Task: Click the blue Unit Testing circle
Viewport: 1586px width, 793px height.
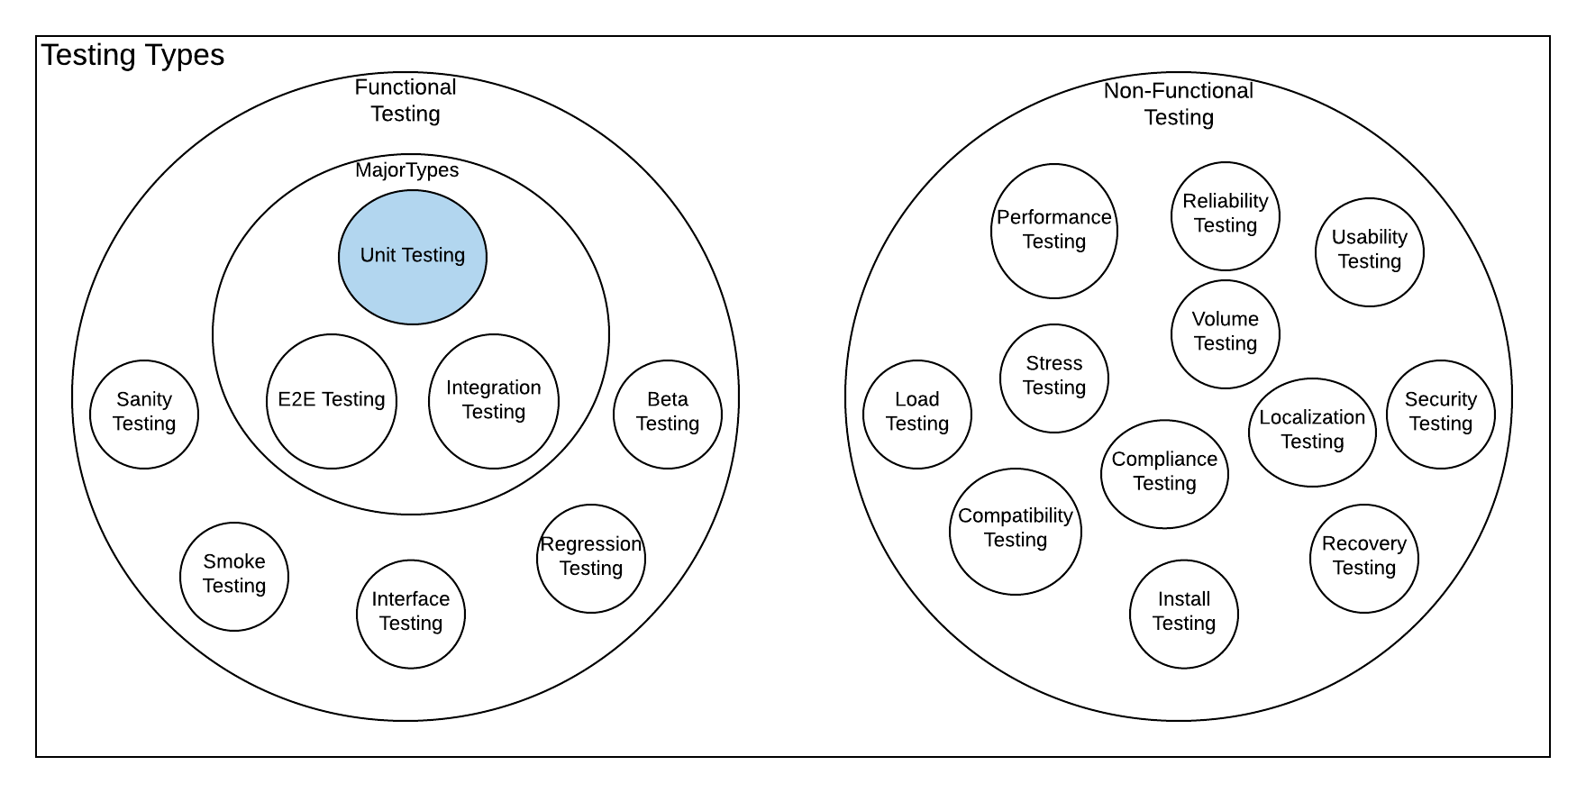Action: click(413, 257)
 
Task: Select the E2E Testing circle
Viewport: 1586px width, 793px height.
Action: click(332, 401)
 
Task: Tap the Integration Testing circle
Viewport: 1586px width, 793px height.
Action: click(494, 401)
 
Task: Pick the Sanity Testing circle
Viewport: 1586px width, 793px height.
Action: click(144, 414)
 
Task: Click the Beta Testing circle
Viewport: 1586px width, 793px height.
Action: click(668, 414)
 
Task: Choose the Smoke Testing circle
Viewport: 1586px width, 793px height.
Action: click(234, 576)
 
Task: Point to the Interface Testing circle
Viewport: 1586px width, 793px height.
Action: click(411, 614)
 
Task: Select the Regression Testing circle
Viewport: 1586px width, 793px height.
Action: click(591, 558)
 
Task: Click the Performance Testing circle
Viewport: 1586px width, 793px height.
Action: click(1054, 231)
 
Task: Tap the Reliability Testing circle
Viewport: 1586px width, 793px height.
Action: click(1226, 215)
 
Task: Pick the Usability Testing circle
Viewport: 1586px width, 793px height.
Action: click(1370, 251)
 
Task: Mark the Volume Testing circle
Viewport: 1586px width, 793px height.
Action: click(1226, 333)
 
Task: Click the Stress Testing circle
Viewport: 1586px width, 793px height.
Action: click(1054, 378)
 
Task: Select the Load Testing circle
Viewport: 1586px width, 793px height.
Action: click(917, 414)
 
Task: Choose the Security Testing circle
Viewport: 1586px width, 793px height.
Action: click(1441, 414)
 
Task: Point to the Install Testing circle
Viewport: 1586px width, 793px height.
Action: click(1184, 614)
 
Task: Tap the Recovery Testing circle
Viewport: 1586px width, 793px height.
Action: click(1364, 558)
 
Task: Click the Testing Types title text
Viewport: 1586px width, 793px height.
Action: click(132, 55)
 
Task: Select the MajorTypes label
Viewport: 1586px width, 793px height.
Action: click(407, 170)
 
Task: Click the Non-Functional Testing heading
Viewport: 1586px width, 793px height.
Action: click(1179, 104)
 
